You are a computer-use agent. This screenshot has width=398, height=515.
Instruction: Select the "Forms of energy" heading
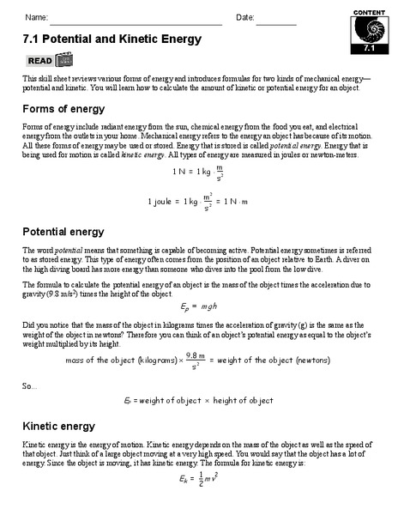pyautogui.click(x=63, y=109)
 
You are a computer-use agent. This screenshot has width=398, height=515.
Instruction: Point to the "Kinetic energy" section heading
pyautogui.click(x=59, y=425)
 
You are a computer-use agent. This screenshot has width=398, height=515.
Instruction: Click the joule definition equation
pyautogui.click(x=198, y=203)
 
